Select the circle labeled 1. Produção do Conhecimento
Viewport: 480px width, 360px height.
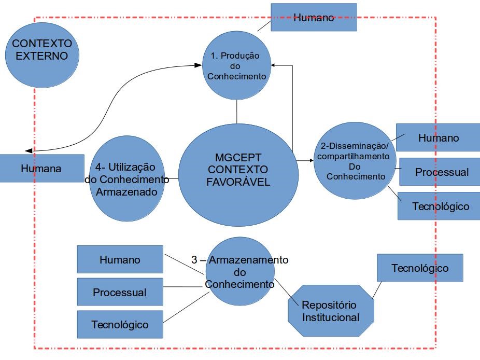236,66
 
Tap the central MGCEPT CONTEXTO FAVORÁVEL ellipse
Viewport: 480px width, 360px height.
238,175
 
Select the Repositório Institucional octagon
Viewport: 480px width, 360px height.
331,311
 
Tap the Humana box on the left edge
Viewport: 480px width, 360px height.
41,168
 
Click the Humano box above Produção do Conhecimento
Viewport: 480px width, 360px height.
314,17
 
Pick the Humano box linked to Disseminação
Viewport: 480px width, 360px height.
438,137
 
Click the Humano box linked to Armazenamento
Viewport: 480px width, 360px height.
120,259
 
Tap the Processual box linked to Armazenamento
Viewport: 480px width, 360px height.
120,292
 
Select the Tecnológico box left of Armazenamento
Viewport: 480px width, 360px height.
120,325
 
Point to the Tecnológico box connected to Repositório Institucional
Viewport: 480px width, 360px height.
419,268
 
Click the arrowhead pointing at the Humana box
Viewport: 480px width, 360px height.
29,150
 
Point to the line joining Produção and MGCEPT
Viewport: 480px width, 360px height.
236,112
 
